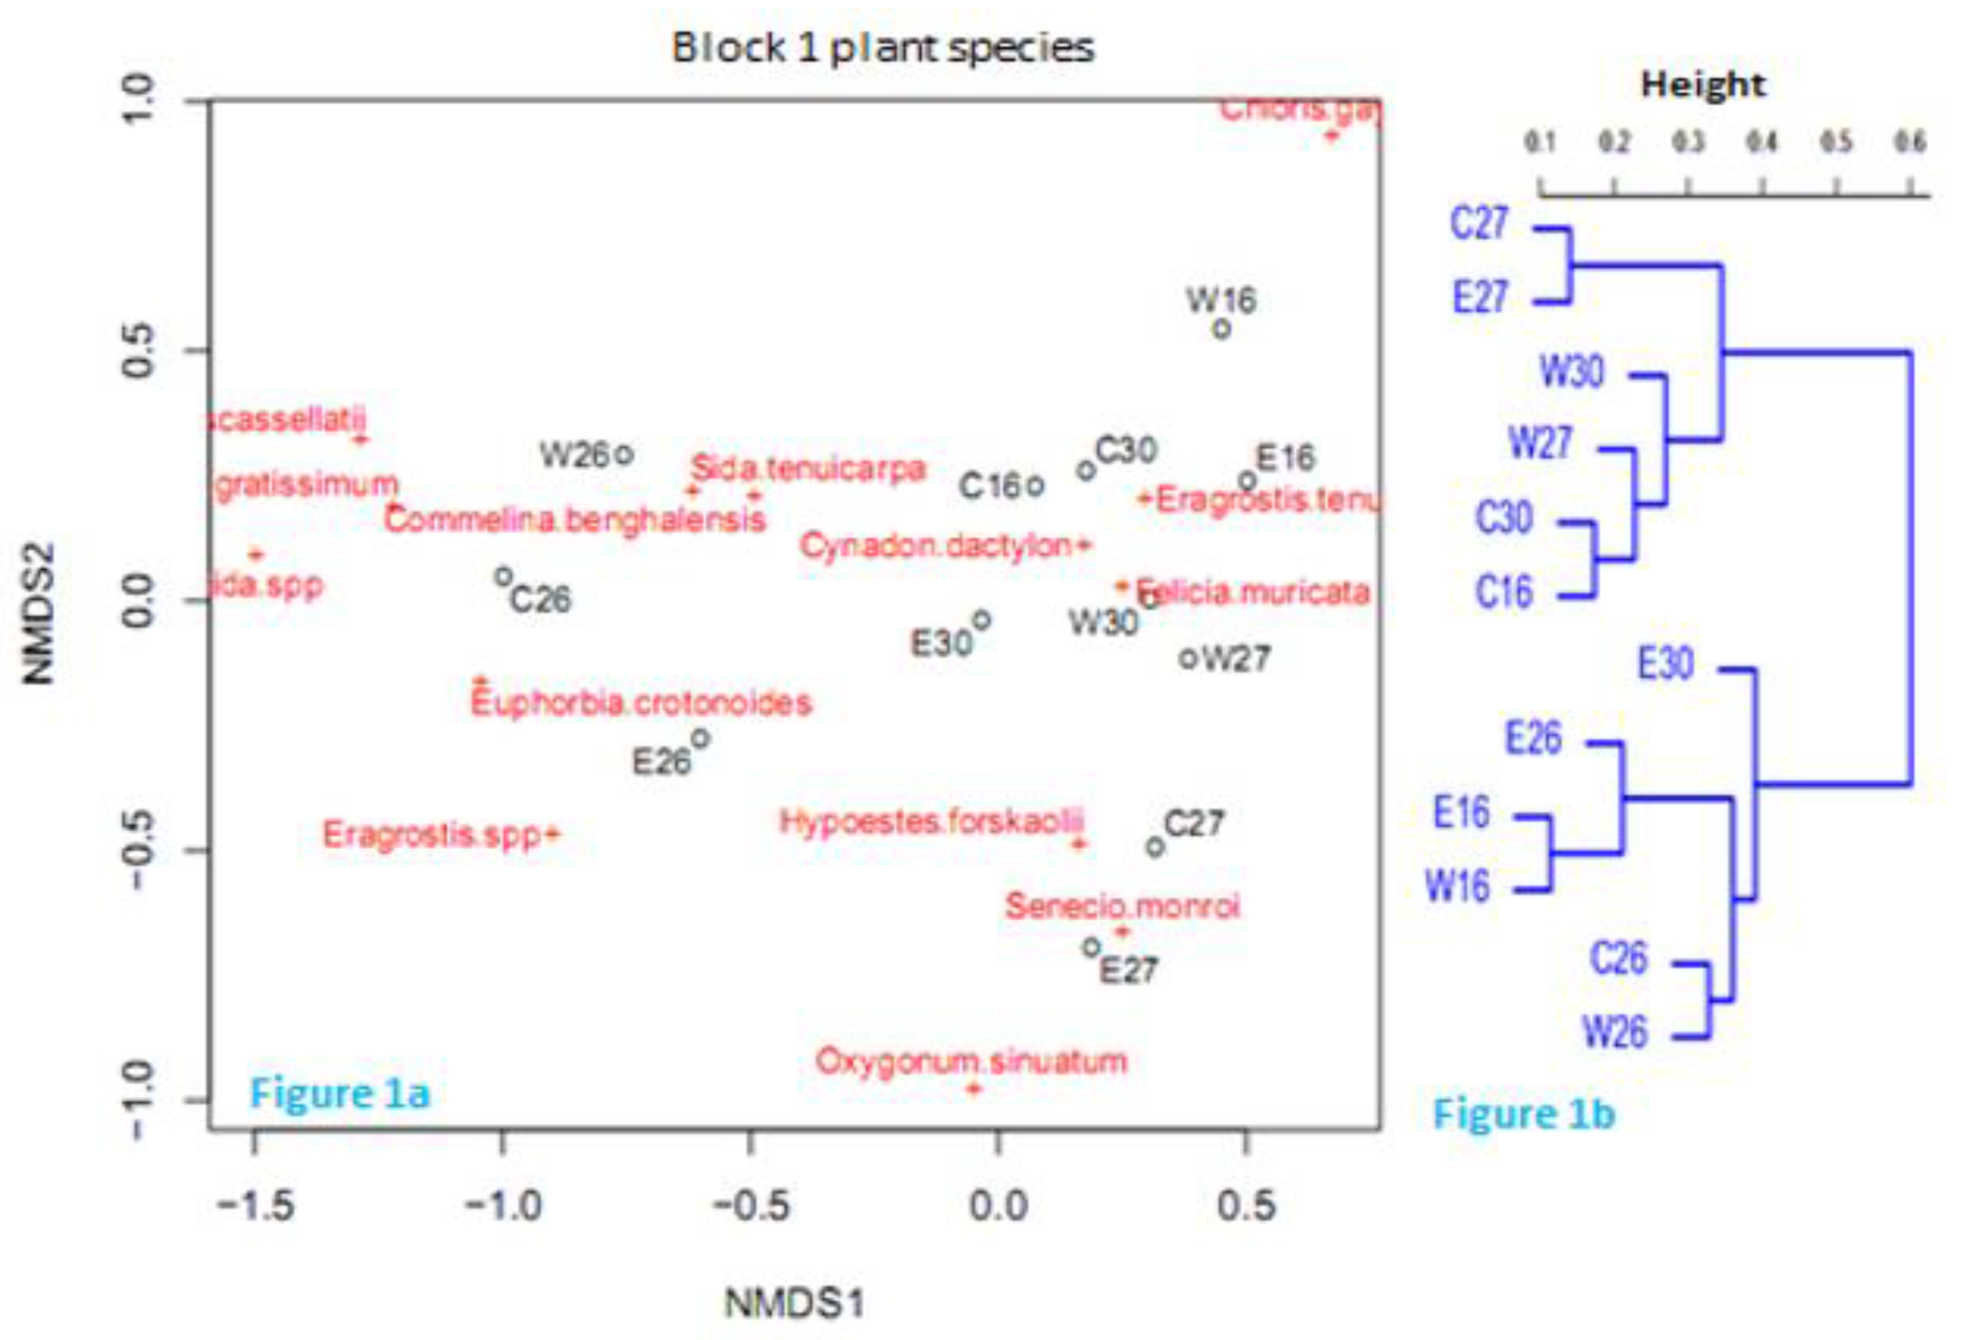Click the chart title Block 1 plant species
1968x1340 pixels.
(882, 48)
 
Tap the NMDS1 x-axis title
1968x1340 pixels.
(794, 1304)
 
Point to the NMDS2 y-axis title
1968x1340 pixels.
(38, 613)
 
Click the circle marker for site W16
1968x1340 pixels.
(1221, 328)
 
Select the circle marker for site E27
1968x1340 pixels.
(1092, 947)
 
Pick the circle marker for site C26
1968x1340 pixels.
(503, 577)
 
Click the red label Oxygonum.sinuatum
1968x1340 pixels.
(972, 1060)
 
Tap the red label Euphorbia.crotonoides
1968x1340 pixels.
(641, 702)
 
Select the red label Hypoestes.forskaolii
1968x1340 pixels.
(931, 821)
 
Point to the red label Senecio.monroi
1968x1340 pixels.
(1122, 907)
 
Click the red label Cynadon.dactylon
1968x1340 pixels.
(936, 546)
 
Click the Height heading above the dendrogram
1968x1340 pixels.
(1703, 85)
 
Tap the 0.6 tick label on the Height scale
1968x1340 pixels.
(1911, 142)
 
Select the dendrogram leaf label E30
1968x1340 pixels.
(1666, 663)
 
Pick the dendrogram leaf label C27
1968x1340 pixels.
(1479, 224)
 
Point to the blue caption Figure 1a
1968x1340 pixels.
(340, 1093)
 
